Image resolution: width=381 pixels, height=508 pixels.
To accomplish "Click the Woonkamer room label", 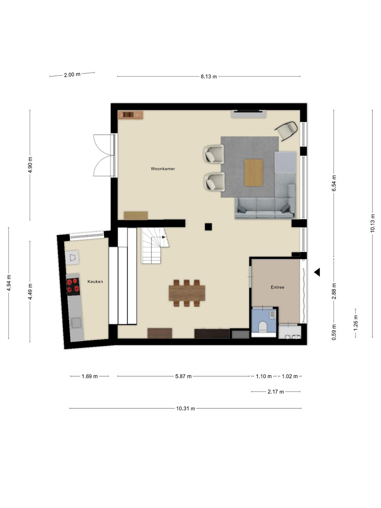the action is pyautogui.click(x=163, y=169).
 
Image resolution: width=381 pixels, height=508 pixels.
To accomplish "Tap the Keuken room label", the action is pyautogui.click(x=95, y=281).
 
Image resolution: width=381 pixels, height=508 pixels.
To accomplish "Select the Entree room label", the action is pyautogui.click(x=277, y=287).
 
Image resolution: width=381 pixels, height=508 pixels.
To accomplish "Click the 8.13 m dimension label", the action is pyautogui.click(x=209, y=77).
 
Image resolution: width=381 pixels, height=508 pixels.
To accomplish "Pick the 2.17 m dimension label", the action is pyautogui.click(x=276, y=392).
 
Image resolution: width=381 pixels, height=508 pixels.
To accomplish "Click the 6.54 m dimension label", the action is pyautogui.click(x=334, y=183).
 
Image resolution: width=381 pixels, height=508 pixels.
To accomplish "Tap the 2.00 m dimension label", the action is pyautogui.click(x=72, y=75).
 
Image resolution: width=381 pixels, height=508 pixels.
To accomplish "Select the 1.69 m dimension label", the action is pyautogui.click(x=90, y=376).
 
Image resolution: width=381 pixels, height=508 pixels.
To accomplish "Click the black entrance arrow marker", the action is pyautogui.click(x=317, y=272).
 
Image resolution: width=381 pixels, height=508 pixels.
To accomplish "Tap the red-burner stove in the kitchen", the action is pyautogui.click(x=73, y=286).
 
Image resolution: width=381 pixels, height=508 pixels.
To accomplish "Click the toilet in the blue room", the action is pyautogui.click(x=263, y=327).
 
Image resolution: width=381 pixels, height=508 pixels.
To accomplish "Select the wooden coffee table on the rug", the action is pyautogui.click(x=254, y=173).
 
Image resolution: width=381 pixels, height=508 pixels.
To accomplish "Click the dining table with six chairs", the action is pyautogui.click(x=187, y=293).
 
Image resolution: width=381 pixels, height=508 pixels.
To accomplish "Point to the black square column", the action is pyautogui.click(x=208, y=227).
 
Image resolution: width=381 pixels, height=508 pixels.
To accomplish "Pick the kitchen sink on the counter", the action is pyautogui.click(x=76, y=323).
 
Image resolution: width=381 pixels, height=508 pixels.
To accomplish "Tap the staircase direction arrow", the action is pyautogui.click(x=164, y=237).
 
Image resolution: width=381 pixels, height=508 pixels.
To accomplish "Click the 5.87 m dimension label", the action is pyautogui.click(x=183, y=376).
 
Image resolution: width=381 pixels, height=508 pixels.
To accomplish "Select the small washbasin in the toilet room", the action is pyautogui.click(x=273, y=315).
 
